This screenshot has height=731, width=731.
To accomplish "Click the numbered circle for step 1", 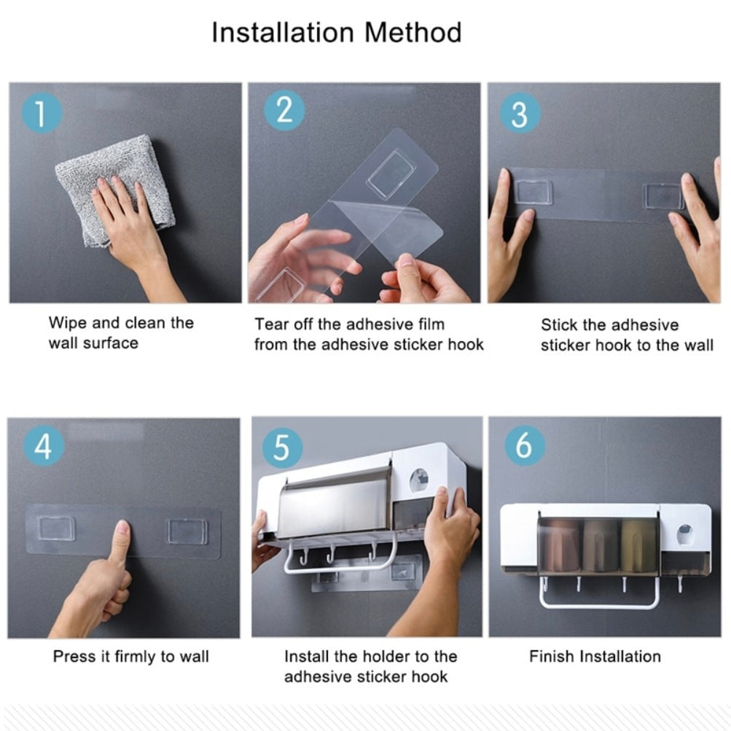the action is [42, 113].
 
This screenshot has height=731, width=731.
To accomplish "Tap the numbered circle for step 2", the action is [284, 111].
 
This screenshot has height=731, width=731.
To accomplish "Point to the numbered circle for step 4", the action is [44, 446].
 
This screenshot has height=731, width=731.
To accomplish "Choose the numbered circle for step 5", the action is [283, 447].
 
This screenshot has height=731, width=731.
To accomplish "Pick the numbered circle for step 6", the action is [525, 445].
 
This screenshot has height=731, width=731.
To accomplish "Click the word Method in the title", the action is [413, 33].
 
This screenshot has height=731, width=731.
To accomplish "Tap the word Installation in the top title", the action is [283, 33].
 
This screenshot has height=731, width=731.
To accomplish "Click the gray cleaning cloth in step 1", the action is [114, 189].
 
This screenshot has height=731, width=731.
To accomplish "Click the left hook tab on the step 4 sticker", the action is [56, 528].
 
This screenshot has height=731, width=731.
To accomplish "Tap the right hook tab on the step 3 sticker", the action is [663, 195].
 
